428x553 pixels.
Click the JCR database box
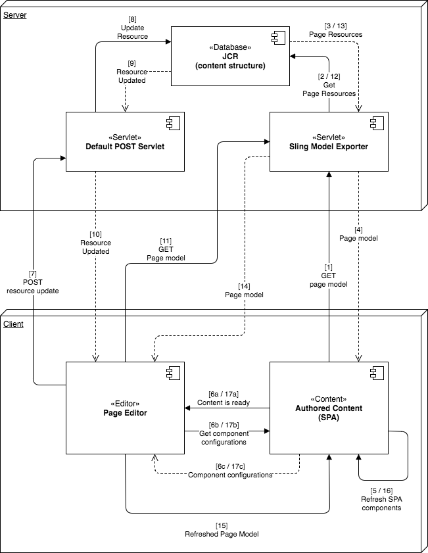click(230, 56)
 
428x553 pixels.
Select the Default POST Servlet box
click(125, 141)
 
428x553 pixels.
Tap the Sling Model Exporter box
click(329, 141)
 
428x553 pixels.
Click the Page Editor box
click(125, 408)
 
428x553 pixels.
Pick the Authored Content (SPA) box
click(329, 408)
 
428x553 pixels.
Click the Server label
click(15, 14)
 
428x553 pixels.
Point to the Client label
click(14, 324)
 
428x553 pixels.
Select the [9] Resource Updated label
click(131, 71)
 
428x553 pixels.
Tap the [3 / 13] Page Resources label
click(335, 29)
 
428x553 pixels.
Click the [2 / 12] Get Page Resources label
click(329, 85)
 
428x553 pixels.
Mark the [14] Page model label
click(244, 291)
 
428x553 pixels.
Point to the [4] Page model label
click(358, 233)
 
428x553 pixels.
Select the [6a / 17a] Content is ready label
click(224, 398)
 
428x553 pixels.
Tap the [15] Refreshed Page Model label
click(222, 529)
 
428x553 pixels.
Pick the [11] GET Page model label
click(166, 250)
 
